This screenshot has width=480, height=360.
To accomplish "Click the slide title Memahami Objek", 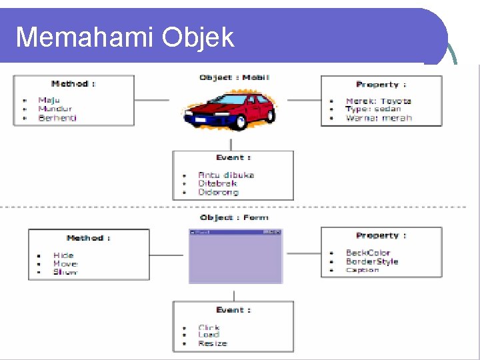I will pyautogui.click(x=125, y=37).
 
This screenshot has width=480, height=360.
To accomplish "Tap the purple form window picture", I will pyautogui.click(x=235, y=257).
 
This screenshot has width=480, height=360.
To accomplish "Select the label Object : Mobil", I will pyautogui.click(x=234, y=77).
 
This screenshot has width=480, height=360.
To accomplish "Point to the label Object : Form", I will pyautogui.click(x=234, y=217).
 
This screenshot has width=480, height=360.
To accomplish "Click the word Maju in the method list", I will pyautogui.click(x=49, y=100).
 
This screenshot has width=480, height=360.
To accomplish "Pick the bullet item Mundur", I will pyautogui.click(x=55, y=109).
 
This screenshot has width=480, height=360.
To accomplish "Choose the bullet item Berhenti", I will pyautogui.click(x=57, y=117).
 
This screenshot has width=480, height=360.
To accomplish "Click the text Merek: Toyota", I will pyautogui.click(x=378, y=101).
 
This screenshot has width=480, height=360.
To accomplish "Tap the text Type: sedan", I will pyautogui.click(x=373, y=109).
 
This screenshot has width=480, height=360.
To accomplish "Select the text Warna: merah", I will pyautogui.click(x=379, y=118).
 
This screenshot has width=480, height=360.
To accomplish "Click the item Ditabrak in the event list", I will pyautogui.click(x=217, y=183).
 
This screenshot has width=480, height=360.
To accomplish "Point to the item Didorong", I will pyautogui.click(x=218, y=192).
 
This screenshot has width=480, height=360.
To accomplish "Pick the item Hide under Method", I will pyautogui.click(x=63, y=255).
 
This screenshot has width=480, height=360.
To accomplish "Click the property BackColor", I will pyautogui.click(x=368, y=253).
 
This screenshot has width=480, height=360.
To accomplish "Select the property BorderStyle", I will pyautogui.click(x=372, y=261).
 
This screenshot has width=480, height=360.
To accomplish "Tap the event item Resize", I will pyautogui.click(x=213, y=343).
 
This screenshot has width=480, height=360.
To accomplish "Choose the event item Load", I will pyautogui.click(x=209, y=335).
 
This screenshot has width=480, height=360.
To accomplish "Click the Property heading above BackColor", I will pyautogui.click(x=381, y=235).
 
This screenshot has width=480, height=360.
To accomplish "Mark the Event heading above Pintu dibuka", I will pyautogui.click(x=233, y=157).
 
